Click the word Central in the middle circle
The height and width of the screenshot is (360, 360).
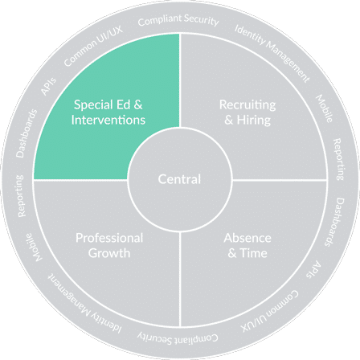tap(179, 179)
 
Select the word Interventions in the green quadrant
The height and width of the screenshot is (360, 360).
tap(108, 120)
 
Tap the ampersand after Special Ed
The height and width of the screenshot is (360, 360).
tap(138, 104)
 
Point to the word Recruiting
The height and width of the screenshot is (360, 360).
tap(247, 105)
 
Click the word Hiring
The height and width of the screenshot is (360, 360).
tap(254, 121)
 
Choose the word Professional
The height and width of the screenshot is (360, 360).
tap(109, 238)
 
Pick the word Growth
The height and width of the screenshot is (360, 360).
tap(109, 253)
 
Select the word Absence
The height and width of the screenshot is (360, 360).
tap(247, 238)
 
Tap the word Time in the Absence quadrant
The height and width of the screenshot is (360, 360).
tap(253, 253)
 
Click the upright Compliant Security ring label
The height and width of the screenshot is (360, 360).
tap(178, 20)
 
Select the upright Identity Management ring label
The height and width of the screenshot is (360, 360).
tap(272, 53)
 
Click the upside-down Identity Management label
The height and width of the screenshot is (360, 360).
tap(85, 304)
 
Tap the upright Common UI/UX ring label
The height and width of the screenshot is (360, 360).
tap(93, 46)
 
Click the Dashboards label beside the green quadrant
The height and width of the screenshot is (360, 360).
tap(27, 133)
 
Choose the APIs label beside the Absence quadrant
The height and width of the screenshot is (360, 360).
tap(313, 269)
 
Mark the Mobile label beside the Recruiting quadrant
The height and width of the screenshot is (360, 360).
tap(324, 108)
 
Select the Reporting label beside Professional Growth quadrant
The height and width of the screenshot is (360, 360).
tap(21, 196)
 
